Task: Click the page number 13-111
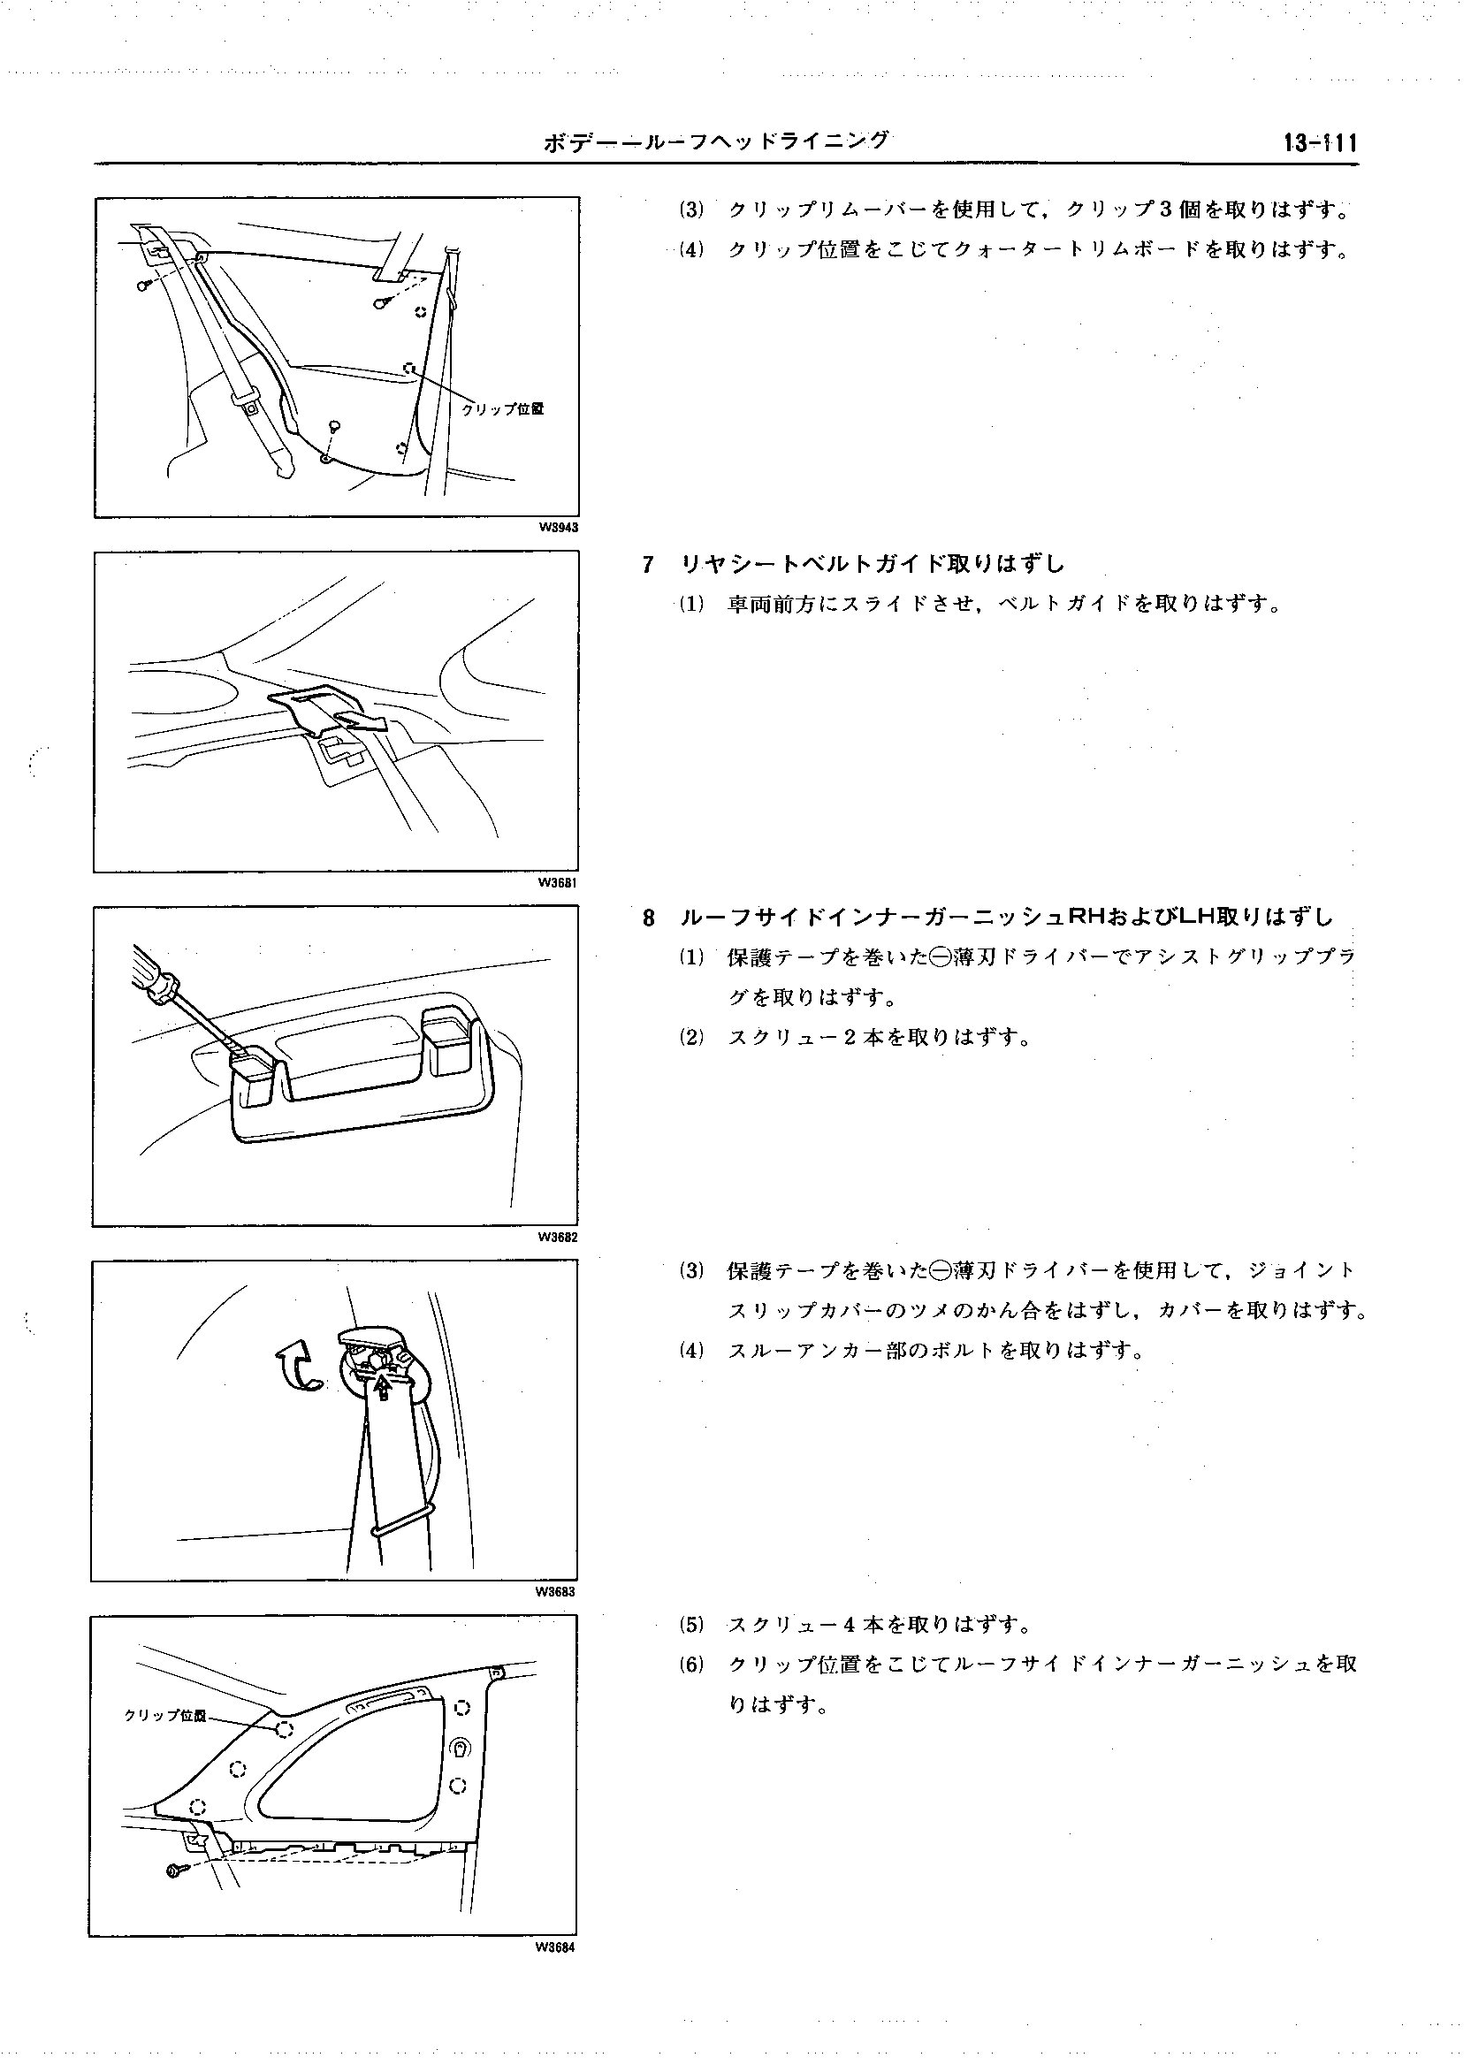(1319, 143)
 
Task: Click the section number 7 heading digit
(648, 564)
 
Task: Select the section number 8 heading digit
(648, 918)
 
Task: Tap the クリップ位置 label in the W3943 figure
(503, 408)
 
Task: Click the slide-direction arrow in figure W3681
(361, 720)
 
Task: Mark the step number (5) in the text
(691, 1624)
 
